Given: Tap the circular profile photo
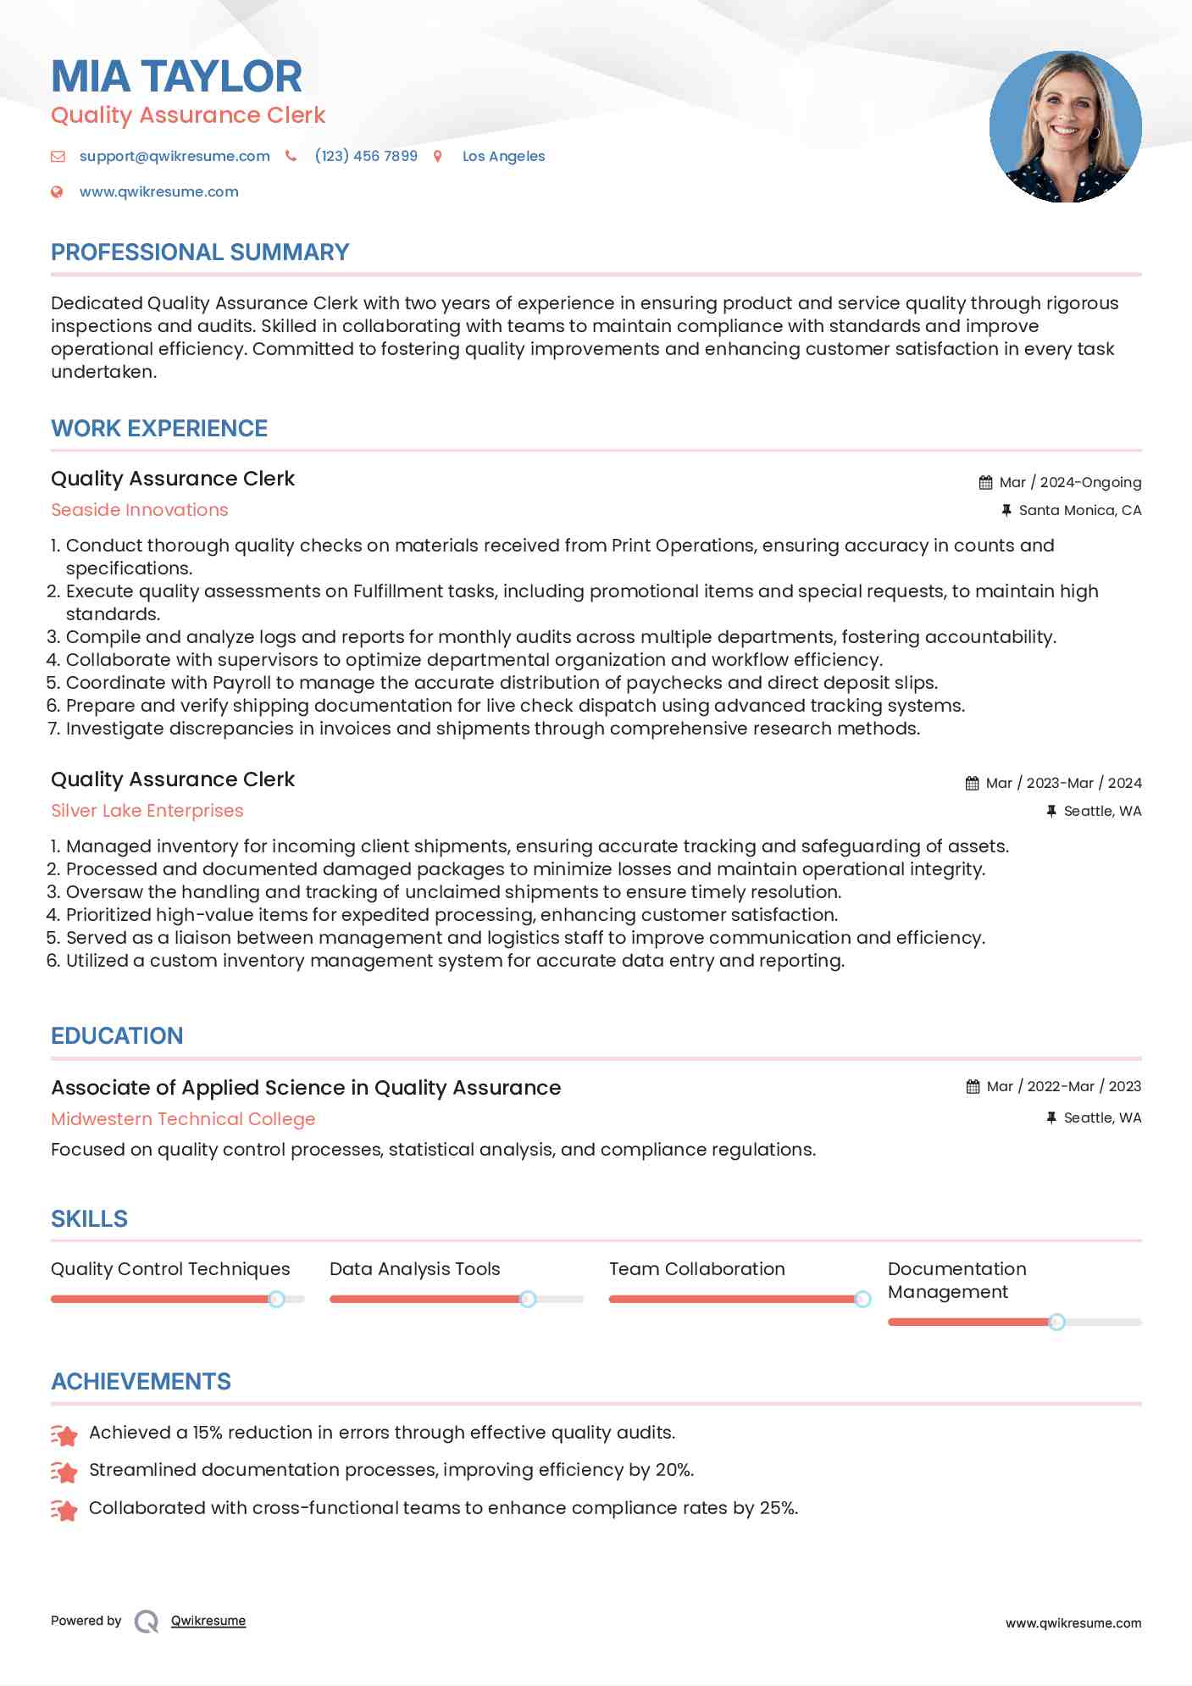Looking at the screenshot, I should point(1065,127).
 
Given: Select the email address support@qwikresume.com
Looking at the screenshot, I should point(175,156).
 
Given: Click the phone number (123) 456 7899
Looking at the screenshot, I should point(366,156).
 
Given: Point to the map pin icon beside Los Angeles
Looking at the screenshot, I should point(438,156).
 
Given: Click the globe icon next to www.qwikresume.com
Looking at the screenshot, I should point(57,191).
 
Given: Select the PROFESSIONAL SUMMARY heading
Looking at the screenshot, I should point(200,252).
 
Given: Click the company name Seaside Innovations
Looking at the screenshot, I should point(140,510).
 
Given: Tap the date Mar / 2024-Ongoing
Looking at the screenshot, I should point(1070,482).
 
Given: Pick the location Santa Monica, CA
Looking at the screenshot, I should point(1079,510).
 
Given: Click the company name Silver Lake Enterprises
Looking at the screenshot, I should point(147,811).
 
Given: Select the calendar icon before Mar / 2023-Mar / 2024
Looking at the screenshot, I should point(972,783).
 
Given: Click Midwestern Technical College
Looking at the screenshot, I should point(183,1119).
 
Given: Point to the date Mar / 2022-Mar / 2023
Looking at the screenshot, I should point(1064,1086).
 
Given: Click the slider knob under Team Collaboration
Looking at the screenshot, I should point(862,1299).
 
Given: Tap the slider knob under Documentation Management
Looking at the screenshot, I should point(1056,1322).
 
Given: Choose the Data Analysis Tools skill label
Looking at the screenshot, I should point(414,1269).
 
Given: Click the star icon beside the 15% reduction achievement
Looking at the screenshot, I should point(64,1434).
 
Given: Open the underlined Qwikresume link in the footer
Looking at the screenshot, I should point(208,1621).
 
